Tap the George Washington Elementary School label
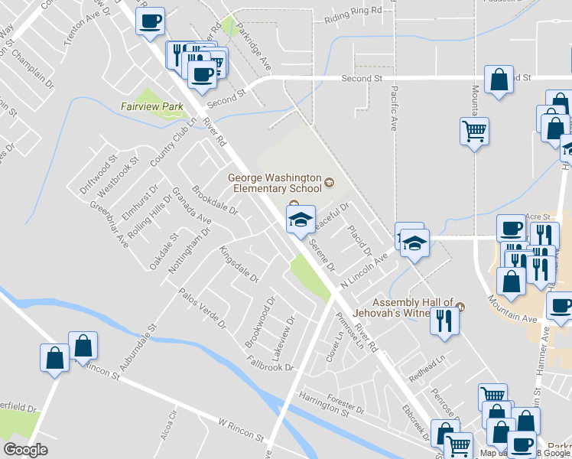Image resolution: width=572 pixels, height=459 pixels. [x=275, y=183]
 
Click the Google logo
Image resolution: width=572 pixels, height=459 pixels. [x=26, y=451]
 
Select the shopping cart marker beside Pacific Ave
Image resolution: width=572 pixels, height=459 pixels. [x=474, y=131]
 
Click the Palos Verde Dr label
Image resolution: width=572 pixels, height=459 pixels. [x=203, y=308]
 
